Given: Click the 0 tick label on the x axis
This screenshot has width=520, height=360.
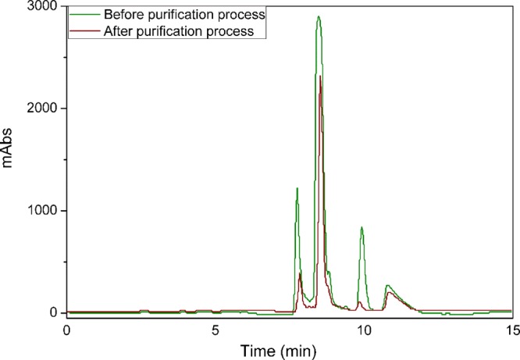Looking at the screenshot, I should pyautogui.click(x=67, y=330).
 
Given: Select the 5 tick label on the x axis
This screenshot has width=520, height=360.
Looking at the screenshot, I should pyautogui.click(x=215, y=330).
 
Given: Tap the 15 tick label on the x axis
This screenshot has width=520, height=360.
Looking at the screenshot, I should pyautogui.click(x=511, y=330).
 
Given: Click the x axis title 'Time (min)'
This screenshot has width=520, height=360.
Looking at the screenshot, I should pyautogui.click(x=289, y=349).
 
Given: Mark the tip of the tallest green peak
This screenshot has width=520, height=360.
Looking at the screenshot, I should pyautogui.click(x=319, y=16).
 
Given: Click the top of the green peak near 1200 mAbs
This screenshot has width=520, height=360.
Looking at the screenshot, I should pyautogui.click(x=297, y=188).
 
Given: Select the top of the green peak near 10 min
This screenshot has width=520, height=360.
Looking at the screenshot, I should pyautogui.click(x=362, y=227).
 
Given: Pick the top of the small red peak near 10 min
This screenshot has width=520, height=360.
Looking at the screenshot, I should pyautogui.click(x=359, y=301).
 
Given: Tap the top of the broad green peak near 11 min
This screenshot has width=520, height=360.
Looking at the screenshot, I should pyautogui.click(x=387, y=286).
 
